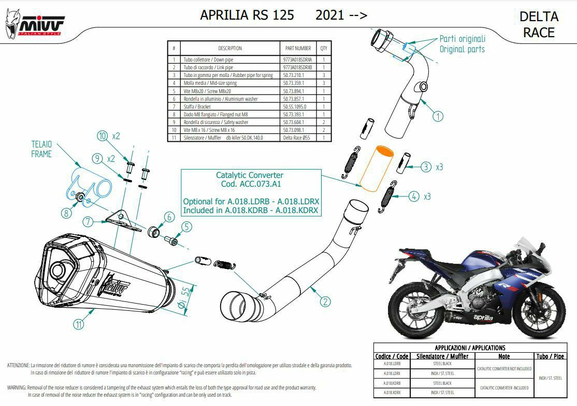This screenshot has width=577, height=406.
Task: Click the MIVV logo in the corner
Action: click(35, 25)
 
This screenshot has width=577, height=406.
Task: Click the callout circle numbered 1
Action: click(438, 116)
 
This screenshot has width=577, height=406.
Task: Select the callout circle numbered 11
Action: click(78, 324)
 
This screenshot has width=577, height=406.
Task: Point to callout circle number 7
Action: click(89, 222)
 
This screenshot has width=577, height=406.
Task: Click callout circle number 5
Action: click(186, 226)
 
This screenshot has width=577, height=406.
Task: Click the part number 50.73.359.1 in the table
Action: click(297, 83)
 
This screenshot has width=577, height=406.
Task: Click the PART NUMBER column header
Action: click(297, 48)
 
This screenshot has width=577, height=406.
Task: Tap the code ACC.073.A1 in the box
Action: click(250, 184)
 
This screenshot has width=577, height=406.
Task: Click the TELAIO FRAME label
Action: click(41, 149)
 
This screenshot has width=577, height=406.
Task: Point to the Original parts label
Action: click(462, 49)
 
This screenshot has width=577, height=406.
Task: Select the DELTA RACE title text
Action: click(539, 24)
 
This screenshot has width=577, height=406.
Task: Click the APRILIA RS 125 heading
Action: click(247, 15)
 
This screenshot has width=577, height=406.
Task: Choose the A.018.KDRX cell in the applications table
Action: click(392, 393)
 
